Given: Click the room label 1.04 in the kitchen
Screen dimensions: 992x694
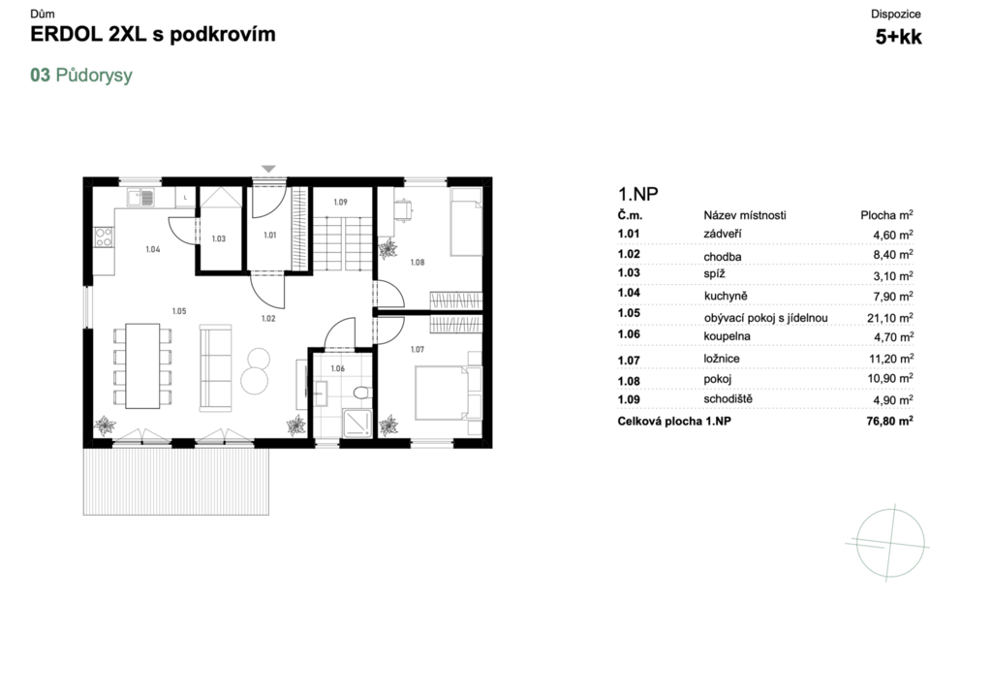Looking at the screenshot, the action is click(x=152, y=249).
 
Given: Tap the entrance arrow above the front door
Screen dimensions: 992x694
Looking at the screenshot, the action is click(x=269, y=169).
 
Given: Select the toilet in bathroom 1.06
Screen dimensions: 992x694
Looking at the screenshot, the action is click(x=362, y=393).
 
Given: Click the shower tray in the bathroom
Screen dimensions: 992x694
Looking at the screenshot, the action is click(x=357, y=423).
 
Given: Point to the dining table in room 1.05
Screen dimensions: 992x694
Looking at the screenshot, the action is click(x=142, y=366).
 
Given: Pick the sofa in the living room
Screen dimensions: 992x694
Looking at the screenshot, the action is click(x=216, y=368).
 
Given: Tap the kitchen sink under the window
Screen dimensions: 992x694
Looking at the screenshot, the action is click(x=140, y=198).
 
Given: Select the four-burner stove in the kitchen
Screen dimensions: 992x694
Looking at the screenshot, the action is click(x=103, y=237).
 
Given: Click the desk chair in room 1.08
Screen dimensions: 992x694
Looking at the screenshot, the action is click(x=403, y=209).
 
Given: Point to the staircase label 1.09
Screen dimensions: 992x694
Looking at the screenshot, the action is click(x=340, y=202).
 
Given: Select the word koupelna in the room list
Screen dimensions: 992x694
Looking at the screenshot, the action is click(x=727, y=336).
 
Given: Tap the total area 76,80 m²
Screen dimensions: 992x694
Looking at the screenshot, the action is click(x=889, y=421).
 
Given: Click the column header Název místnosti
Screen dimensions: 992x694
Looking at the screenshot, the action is click(x=745, y=215).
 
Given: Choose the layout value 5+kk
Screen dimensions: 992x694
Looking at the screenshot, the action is click(x=898, y=37).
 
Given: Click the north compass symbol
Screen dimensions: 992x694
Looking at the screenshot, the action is click(x=889, y=543).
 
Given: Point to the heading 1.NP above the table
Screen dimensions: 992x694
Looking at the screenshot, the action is click(x=637, y=194).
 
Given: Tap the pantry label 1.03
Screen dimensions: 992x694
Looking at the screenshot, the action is click(x=218, y=238).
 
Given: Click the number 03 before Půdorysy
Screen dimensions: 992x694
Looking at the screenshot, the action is click(x=40, y=75).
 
